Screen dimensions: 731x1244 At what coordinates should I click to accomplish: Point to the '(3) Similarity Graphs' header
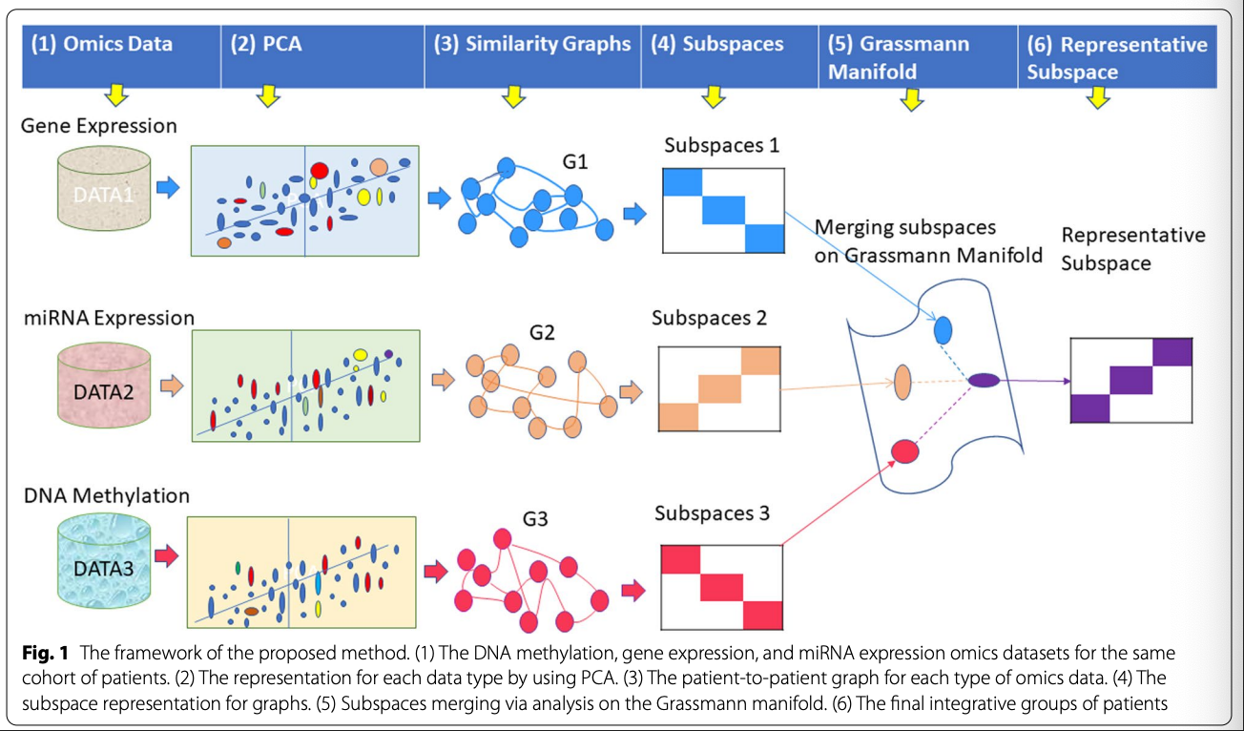click(532, 45)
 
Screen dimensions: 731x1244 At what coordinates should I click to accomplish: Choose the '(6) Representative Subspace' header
click(1116, 57)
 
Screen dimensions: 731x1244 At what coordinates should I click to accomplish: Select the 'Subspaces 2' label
click(709, 318)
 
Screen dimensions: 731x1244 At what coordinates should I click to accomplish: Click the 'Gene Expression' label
click(99, 126)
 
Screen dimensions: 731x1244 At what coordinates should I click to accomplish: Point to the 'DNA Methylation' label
click(106, 495)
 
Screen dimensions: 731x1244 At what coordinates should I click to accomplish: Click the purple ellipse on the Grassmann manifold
click(984, 381)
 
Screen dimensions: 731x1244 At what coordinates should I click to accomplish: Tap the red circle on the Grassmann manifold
click(903, 449)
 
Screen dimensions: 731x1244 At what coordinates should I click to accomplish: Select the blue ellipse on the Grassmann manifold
click(943, 330)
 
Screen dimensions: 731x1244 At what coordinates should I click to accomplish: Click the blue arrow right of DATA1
click(168, 187)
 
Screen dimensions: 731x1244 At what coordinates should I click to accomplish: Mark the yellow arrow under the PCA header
click(268, 95)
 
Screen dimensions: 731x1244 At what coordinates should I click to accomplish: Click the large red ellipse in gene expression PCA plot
click(319, 170)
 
